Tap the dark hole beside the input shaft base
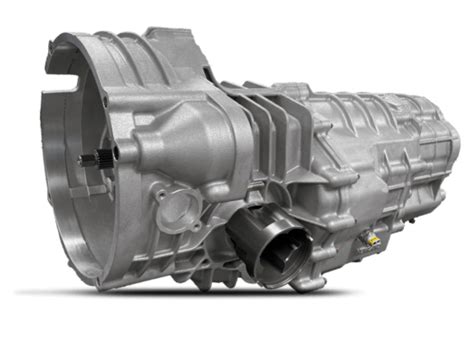coord(115,153)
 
